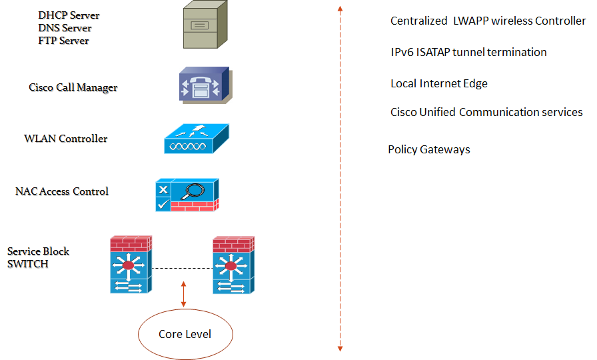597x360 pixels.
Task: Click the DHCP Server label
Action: click(69, 15)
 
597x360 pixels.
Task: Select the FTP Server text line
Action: click(63, 41)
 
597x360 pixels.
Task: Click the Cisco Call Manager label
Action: click(73, 87)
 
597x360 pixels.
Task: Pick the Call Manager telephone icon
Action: click(203, 85)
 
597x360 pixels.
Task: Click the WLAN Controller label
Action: click(65, 139)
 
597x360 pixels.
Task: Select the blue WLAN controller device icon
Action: click(196, 140)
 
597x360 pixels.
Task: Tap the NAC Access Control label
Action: click(61, 191)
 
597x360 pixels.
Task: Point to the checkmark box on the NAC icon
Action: click(163, 204)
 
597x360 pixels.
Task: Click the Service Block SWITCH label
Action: click(38, 257)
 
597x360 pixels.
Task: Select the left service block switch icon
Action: click(131, 265)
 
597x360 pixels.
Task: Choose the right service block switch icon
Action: click(233, 265)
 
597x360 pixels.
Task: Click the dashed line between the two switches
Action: click(182, 269)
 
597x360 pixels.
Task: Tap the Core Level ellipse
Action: click(185, 334)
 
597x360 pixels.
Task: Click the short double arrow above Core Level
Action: click(184, 294)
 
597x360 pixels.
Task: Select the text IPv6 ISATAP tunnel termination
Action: click(468, 52)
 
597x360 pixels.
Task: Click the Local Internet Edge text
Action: click(438, 83)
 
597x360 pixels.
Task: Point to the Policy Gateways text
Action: click(429, 149)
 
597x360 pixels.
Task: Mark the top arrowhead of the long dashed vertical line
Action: click(340, 9)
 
